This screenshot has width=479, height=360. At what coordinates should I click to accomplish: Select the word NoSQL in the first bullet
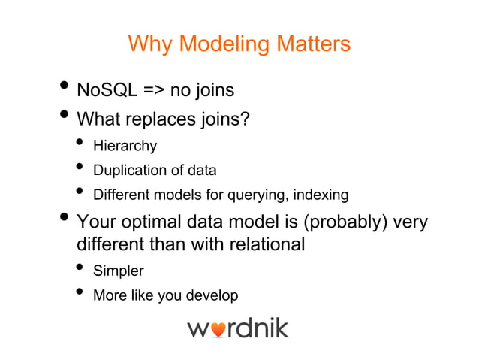click(x=107, y=91)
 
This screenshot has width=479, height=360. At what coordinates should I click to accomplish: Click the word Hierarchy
click(x=125, y=145)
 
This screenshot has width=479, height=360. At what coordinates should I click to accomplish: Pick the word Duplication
click(x=129, y=170)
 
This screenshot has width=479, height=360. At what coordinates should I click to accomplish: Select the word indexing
click(x=321, y=195)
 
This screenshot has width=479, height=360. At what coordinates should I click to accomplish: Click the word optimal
click(x=158, y=222)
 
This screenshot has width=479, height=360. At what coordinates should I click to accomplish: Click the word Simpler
click(x=118, y=271)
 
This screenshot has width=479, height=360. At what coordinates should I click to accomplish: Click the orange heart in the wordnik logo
click(x=218, y=329)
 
